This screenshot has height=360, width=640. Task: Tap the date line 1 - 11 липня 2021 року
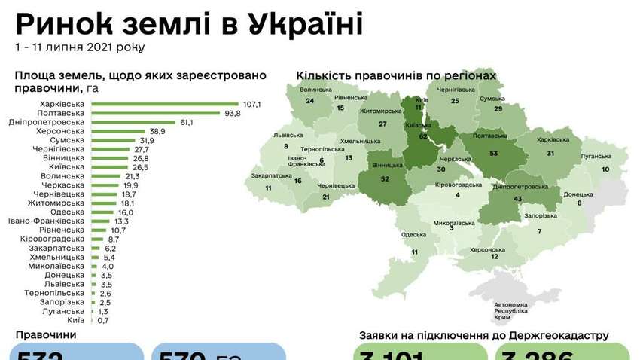click(80, 47)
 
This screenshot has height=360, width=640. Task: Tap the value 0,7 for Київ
click(102, 320)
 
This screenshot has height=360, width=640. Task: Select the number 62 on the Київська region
click(422, 136)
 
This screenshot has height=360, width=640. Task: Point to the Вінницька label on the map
click(386, 165)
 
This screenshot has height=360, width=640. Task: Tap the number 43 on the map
click(517, 198)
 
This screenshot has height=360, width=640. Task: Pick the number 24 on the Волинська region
click(309, 102)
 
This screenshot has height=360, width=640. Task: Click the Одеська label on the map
click(413, 234)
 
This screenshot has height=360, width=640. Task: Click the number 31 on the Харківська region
click(550, 153)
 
